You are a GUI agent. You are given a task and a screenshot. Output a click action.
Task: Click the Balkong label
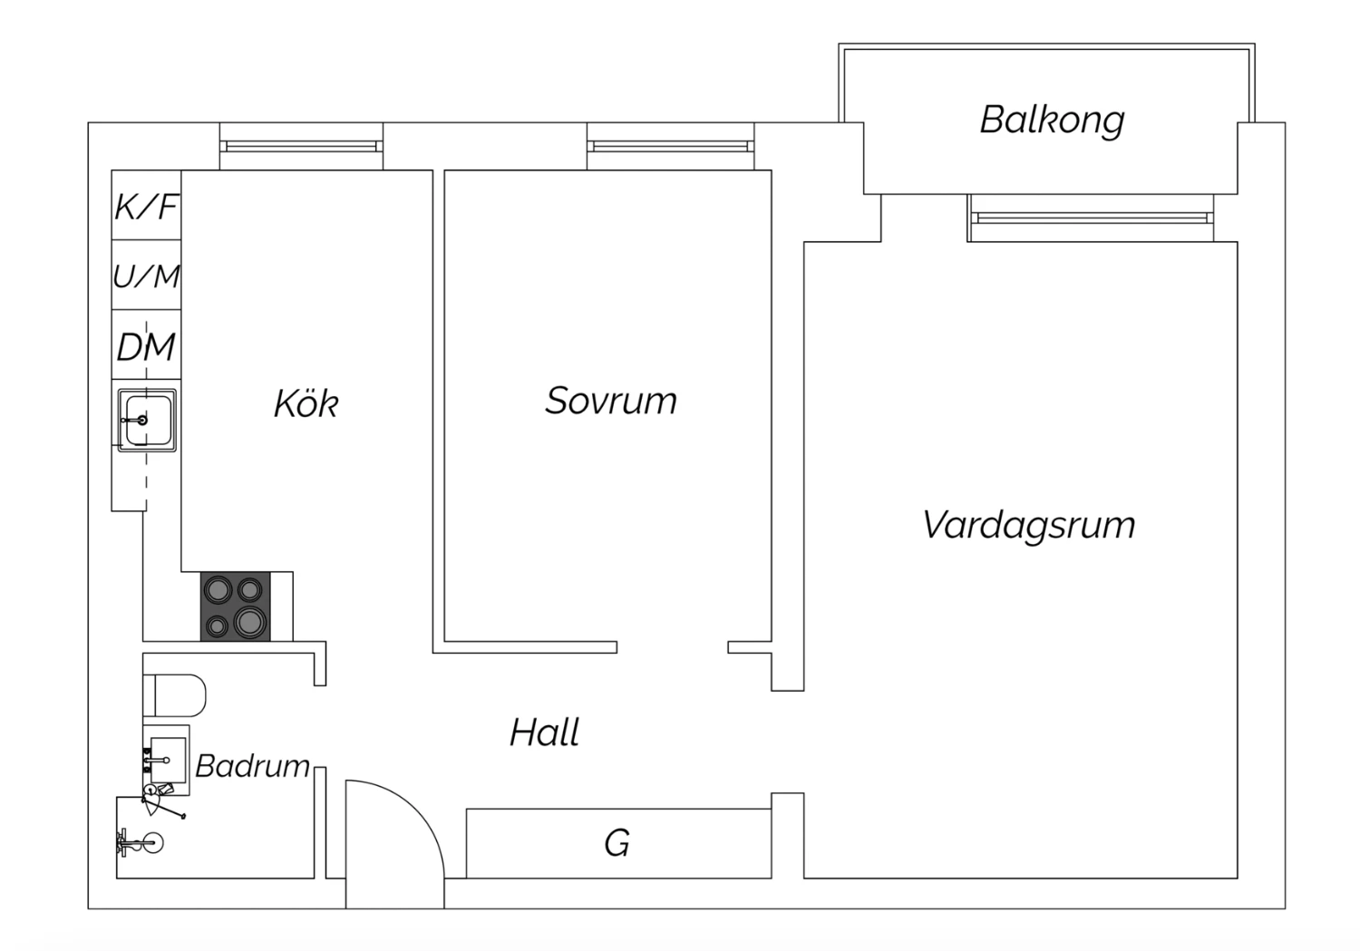click(x=1052, y=121)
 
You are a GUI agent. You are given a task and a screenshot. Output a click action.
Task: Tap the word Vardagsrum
click(x=1028, y=525)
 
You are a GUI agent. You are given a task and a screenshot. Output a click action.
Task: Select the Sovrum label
click(x=611, y=401)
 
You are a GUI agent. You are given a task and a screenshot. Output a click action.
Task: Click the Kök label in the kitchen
click(x=306, y=403)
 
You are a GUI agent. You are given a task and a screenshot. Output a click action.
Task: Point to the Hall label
click(x=544, y=732)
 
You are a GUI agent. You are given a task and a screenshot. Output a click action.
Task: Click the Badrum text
click(x=253, y=766)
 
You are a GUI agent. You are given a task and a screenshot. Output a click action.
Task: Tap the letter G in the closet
click(x=617, y=843)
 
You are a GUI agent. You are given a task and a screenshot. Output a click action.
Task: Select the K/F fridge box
click(x=146, y=205)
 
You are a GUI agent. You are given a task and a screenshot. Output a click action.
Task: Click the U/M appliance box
click(x=146, y=275)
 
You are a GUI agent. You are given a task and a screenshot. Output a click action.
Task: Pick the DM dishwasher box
click(x=146, y=344)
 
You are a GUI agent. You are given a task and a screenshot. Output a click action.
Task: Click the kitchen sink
click(x=147, y=420)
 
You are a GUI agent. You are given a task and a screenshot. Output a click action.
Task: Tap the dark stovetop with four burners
click(x=236, y=607)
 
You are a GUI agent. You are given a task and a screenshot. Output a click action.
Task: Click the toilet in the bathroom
click(x=175, y=695)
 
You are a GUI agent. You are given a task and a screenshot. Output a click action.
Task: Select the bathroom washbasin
click(x=166, y=760)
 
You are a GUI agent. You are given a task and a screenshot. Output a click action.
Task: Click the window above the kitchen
click(x=301, y=146)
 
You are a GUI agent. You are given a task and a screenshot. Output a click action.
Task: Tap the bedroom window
click(x=670, y=146)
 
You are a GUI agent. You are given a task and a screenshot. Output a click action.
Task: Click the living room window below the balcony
click(x=1091, y=218)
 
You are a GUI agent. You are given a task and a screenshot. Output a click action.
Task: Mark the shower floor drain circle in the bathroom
click(x=152, y=843)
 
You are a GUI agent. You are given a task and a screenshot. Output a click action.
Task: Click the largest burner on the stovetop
click(x=250, y=621)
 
